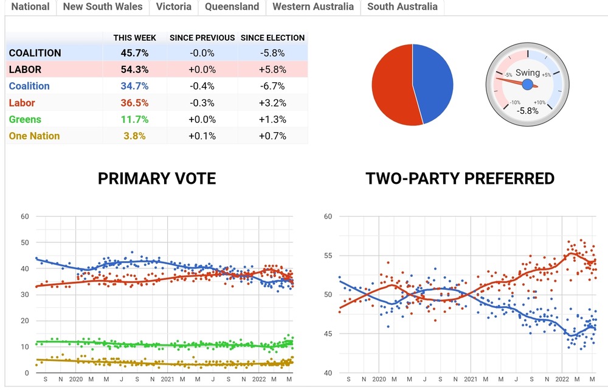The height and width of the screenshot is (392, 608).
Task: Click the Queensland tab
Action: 232,7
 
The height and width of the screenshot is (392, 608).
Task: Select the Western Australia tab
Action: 313,7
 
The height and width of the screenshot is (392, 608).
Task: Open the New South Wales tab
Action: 103,7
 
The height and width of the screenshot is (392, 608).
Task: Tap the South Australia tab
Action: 402,7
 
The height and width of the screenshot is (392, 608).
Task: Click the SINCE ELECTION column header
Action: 272,38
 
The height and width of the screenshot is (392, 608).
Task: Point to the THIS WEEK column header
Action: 135,38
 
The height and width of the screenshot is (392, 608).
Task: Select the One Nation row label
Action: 35,136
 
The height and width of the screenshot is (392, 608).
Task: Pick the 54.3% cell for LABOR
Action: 135,69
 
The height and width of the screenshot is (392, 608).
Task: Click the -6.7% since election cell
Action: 272,86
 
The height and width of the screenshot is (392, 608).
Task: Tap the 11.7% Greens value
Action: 135,119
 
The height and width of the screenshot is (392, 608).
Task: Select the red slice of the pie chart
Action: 392,85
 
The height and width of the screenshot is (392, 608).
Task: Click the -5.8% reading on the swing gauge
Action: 528,111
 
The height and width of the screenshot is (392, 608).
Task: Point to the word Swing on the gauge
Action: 528,73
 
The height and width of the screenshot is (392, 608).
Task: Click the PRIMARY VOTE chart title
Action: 157,178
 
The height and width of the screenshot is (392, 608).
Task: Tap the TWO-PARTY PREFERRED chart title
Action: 460,178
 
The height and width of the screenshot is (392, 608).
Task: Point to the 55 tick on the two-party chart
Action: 328,256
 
